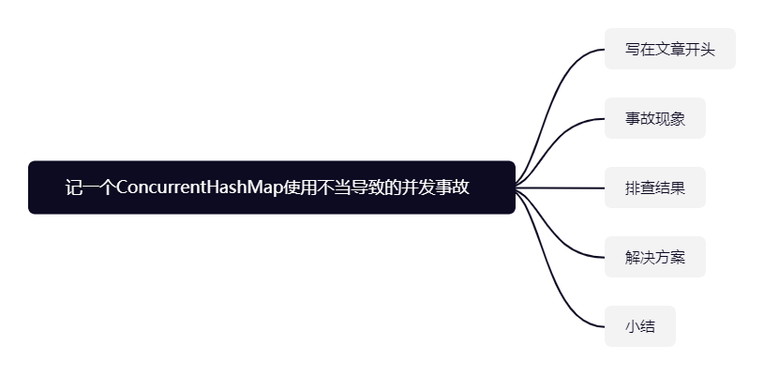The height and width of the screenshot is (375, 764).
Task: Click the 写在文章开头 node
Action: (x=669, y=49)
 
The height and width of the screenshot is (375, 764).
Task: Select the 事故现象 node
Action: (x=654, y=118)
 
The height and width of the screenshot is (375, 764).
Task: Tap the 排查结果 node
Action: (x=654, y=187)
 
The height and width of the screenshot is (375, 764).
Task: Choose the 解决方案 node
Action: (x=654, y=257)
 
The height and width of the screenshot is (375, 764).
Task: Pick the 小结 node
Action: (x=639, y=326)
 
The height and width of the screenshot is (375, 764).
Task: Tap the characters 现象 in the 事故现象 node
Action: (x=669, y=118)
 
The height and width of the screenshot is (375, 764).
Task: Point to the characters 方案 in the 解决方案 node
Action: (x=669, y=257)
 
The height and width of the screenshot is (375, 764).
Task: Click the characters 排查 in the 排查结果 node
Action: (x=639, y=187)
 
